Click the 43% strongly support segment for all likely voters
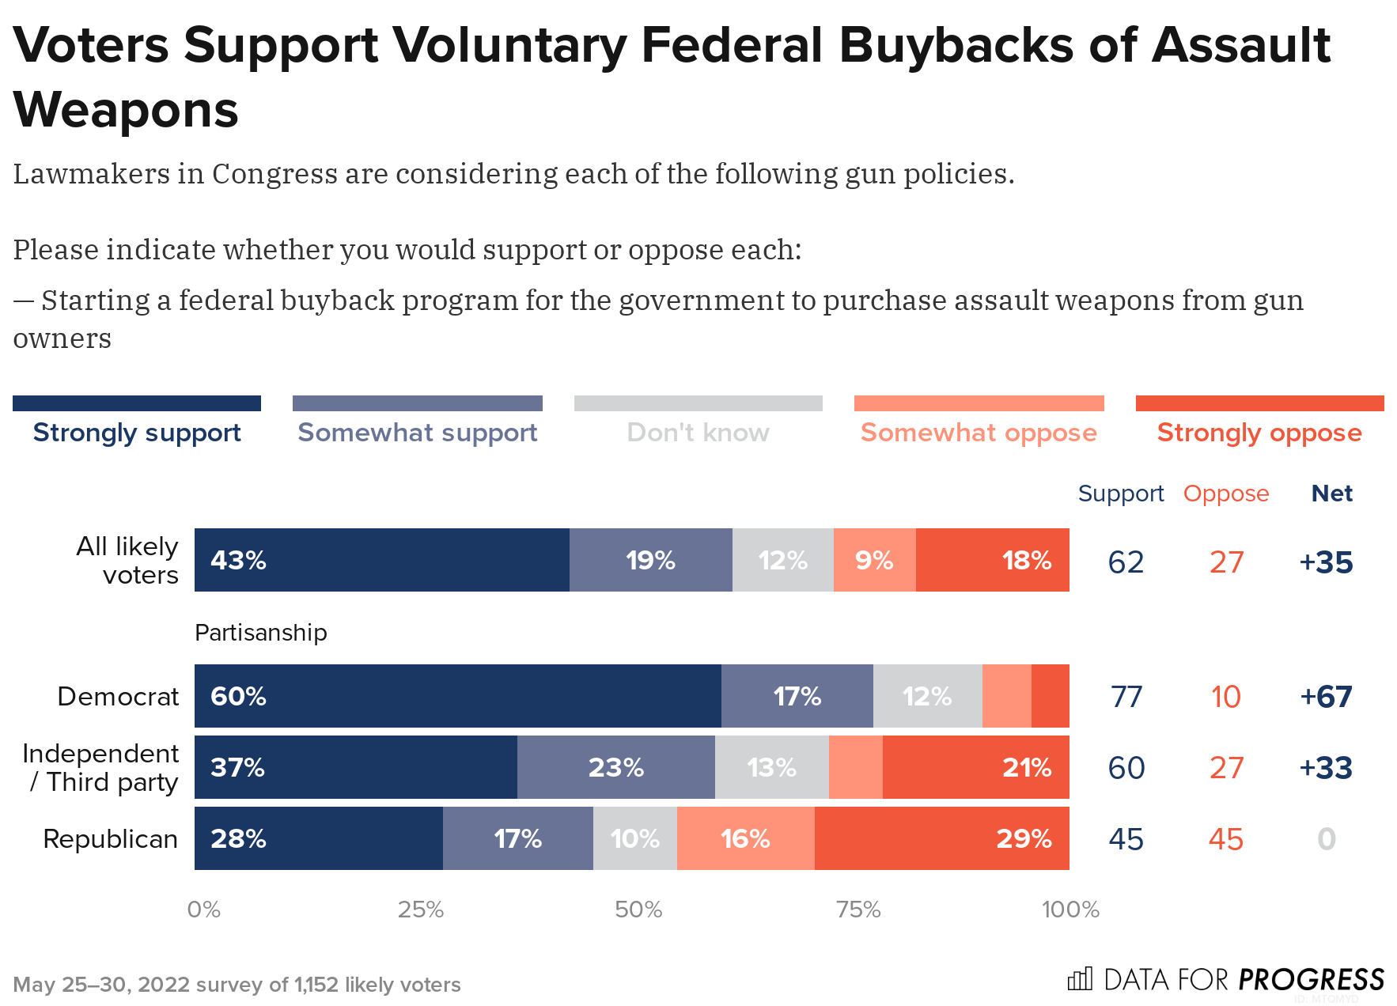[381, 560]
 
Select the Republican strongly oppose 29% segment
[941, 838]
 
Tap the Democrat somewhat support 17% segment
[797, 696]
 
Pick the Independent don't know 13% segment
[771, 767]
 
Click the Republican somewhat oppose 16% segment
[745, 838]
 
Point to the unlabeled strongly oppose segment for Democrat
[1050, 696]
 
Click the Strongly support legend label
[137, 433]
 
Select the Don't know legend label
[698, 433]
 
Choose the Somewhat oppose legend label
[979, 433]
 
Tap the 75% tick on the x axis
[858, 910]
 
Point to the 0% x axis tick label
[203, 910]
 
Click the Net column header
[1331, 494]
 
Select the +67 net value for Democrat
[1326, 697]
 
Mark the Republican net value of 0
[1327, 839]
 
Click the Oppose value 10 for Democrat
[1225, 697]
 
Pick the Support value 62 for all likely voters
[1126, 562]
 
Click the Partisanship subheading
[260, 633]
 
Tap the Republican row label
[110, 838]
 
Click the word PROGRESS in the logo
[1311, 980]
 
